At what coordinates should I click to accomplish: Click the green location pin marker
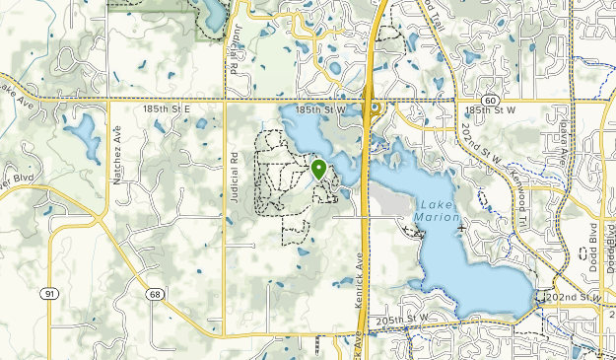[319, 169]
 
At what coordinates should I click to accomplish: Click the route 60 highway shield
[490, 101]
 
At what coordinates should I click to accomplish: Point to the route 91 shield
[49, 293]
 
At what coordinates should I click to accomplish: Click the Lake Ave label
[17, 96]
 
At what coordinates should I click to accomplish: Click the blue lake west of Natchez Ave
[83, 136]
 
